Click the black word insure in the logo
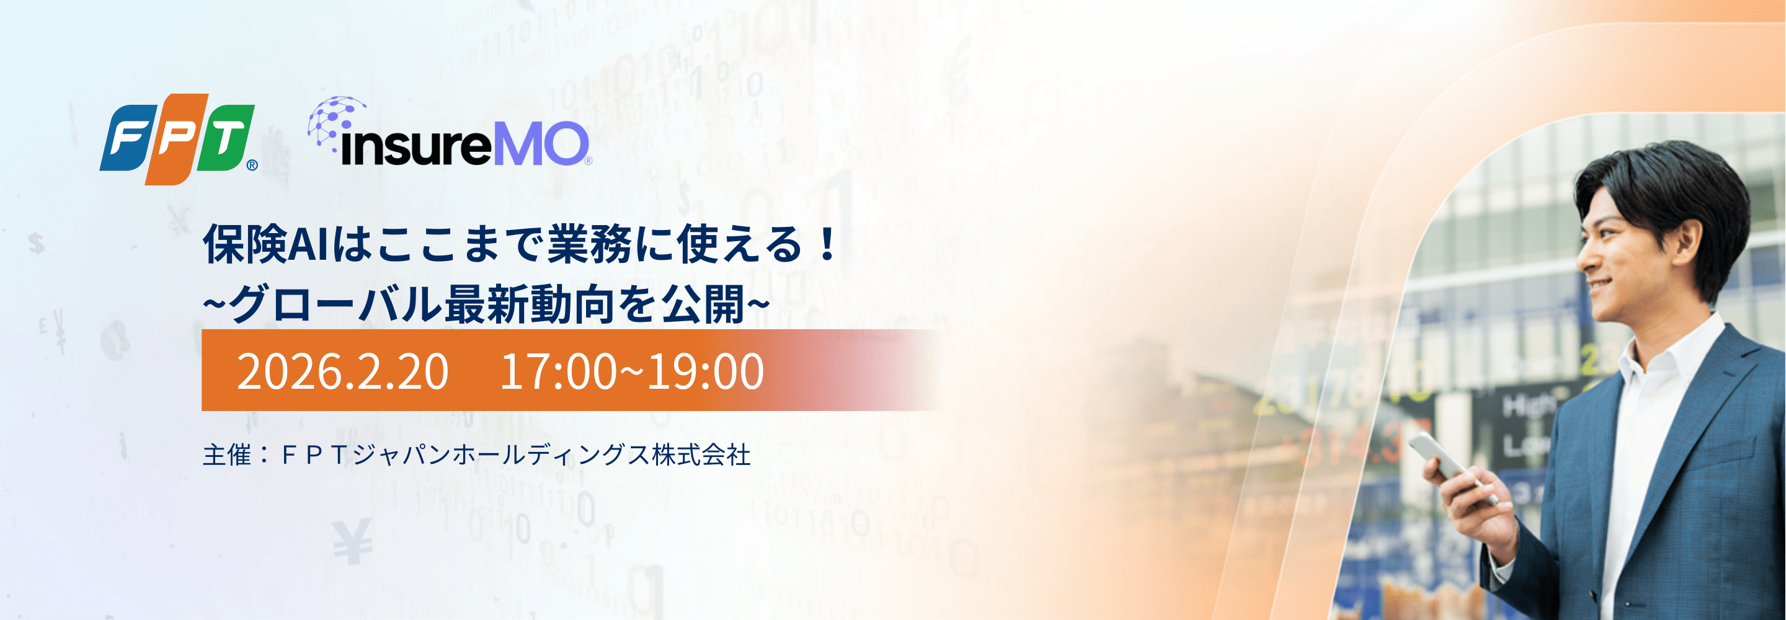pos(416,146)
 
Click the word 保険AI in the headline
pos(265,244)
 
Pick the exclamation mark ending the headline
pos(827,244)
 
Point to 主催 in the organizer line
pos(227,455)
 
